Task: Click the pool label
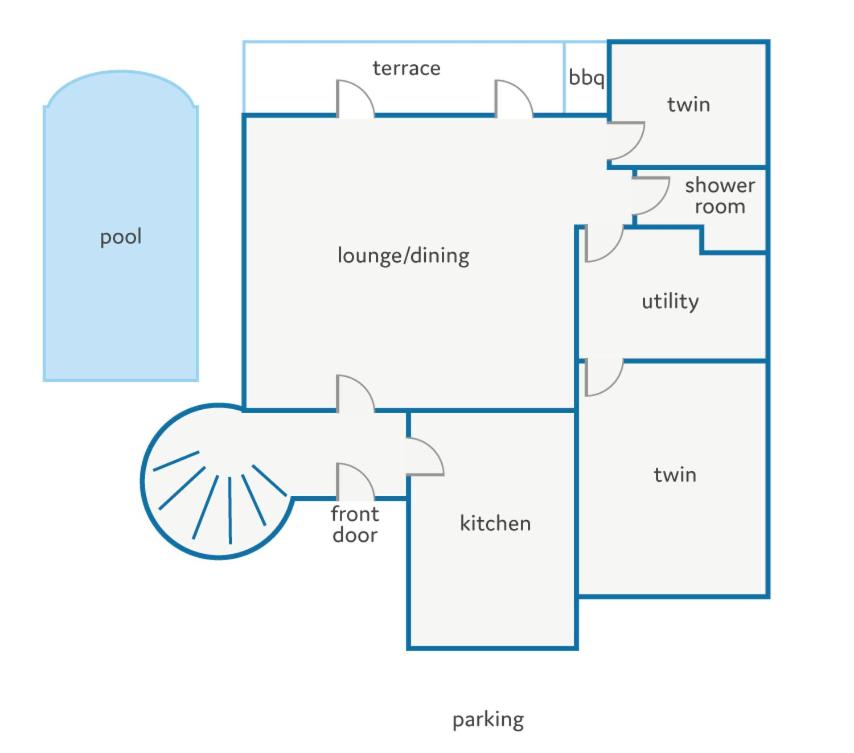click(121, 237)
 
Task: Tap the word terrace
click(406, 69)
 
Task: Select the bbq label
click(586, 77)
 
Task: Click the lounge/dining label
click(403, 255)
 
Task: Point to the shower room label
click(720, 196)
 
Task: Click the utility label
click(670, 302)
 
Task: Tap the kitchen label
click(495, 523)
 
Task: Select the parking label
click(488, 720)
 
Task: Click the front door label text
click(355, 524)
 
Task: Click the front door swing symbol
click(356, 481)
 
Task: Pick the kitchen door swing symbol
click(425, 457)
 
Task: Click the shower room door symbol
click(650, 195)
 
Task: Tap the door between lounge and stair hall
click(356, 393)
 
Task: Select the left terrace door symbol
click(356, 99)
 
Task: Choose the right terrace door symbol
click(514, 99)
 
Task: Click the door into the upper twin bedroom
click(626, 141)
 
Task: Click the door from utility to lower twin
click(604, 377)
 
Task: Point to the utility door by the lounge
click(604, 243)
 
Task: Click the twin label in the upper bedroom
click(688, 105)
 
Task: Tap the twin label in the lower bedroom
click(675, 475)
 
